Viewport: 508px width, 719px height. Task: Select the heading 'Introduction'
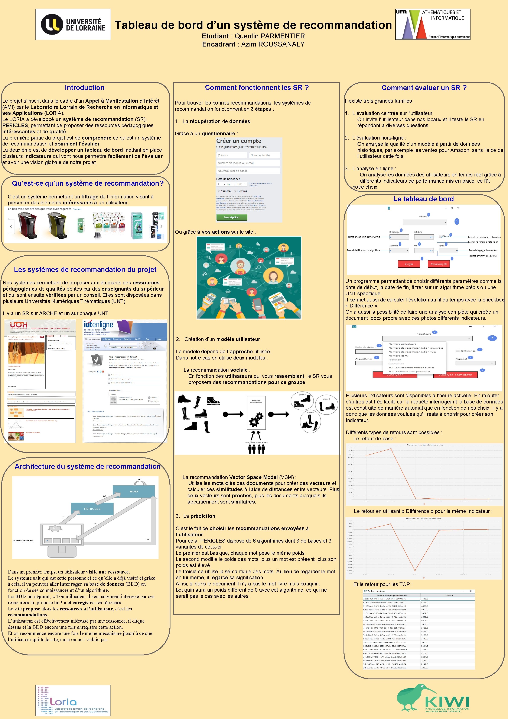[84, 88]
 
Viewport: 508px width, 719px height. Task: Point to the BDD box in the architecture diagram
[134, 491]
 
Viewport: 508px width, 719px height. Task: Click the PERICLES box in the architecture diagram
[92, 509]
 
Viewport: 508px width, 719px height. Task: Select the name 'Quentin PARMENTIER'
[269, 36]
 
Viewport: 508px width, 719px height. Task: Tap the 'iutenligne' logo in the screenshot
[98, 325]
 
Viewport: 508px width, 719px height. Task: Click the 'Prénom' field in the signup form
[232, 155]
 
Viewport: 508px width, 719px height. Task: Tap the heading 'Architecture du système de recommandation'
[88, 466]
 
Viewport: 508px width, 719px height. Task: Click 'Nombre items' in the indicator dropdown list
[398, 356]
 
